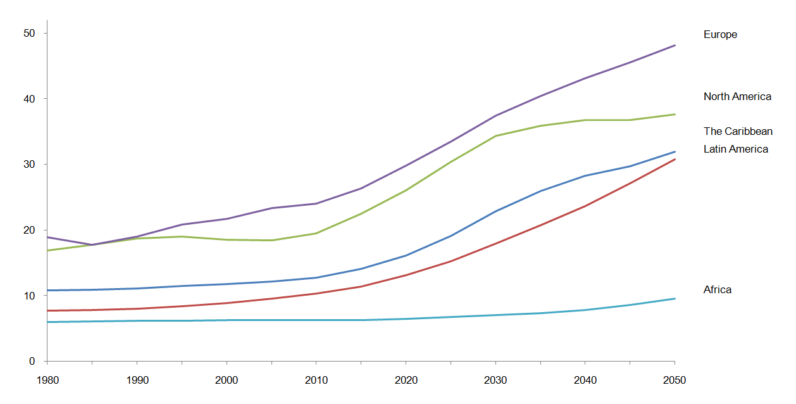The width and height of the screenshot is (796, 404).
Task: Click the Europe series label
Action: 720,35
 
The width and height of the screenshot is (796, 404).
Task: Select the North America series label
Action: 737,97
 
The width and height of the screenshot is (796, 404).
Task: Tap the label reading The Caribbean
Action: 738,132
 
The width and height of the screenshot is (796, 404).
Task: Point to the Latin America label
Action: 736,149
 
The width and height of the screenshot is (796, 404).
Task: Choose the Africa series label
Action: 718,290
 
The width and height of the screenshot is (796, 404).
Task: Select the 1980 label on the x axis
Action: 47,381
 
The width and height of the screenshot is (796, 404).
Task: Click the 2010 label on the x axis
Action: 316,381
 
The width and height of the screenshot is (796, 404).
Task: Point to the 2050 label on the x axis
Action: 675,381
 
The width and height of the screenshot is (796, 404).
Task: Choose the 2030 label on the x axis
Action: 495,381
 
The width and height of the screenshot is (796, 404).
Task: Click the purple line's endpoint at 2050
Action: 675,45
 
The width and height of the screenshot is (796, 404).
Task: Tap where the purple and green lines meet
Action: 92,244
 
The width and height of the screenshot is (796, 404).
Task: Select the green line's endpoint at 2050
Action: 675,114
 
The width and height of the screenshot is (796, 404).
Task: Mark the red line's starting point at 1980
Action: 47,310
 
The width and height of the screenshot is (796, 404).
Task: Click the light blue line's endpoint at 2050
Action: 675,298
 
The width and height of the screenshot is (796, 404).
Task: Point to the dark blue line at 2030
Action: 495,211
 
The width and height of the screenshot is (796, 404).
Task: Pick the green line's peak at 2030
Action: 495,136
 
